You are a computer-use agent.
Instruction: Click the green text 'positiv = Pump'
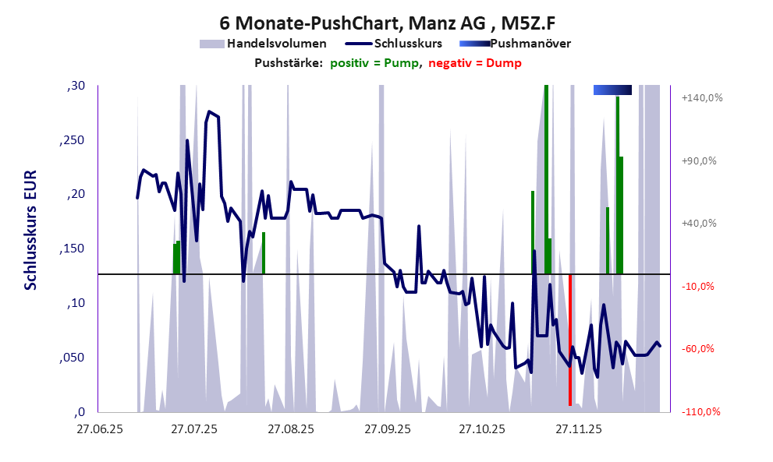tap(375, 63)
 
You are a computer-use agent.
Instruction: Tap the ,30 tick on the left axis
tap(76, 86)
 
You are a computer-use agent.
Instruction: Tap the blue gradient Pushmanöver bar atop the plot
tap(612, 90)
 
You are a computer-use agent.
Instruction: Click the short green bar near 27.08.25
tap(264, 253)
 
